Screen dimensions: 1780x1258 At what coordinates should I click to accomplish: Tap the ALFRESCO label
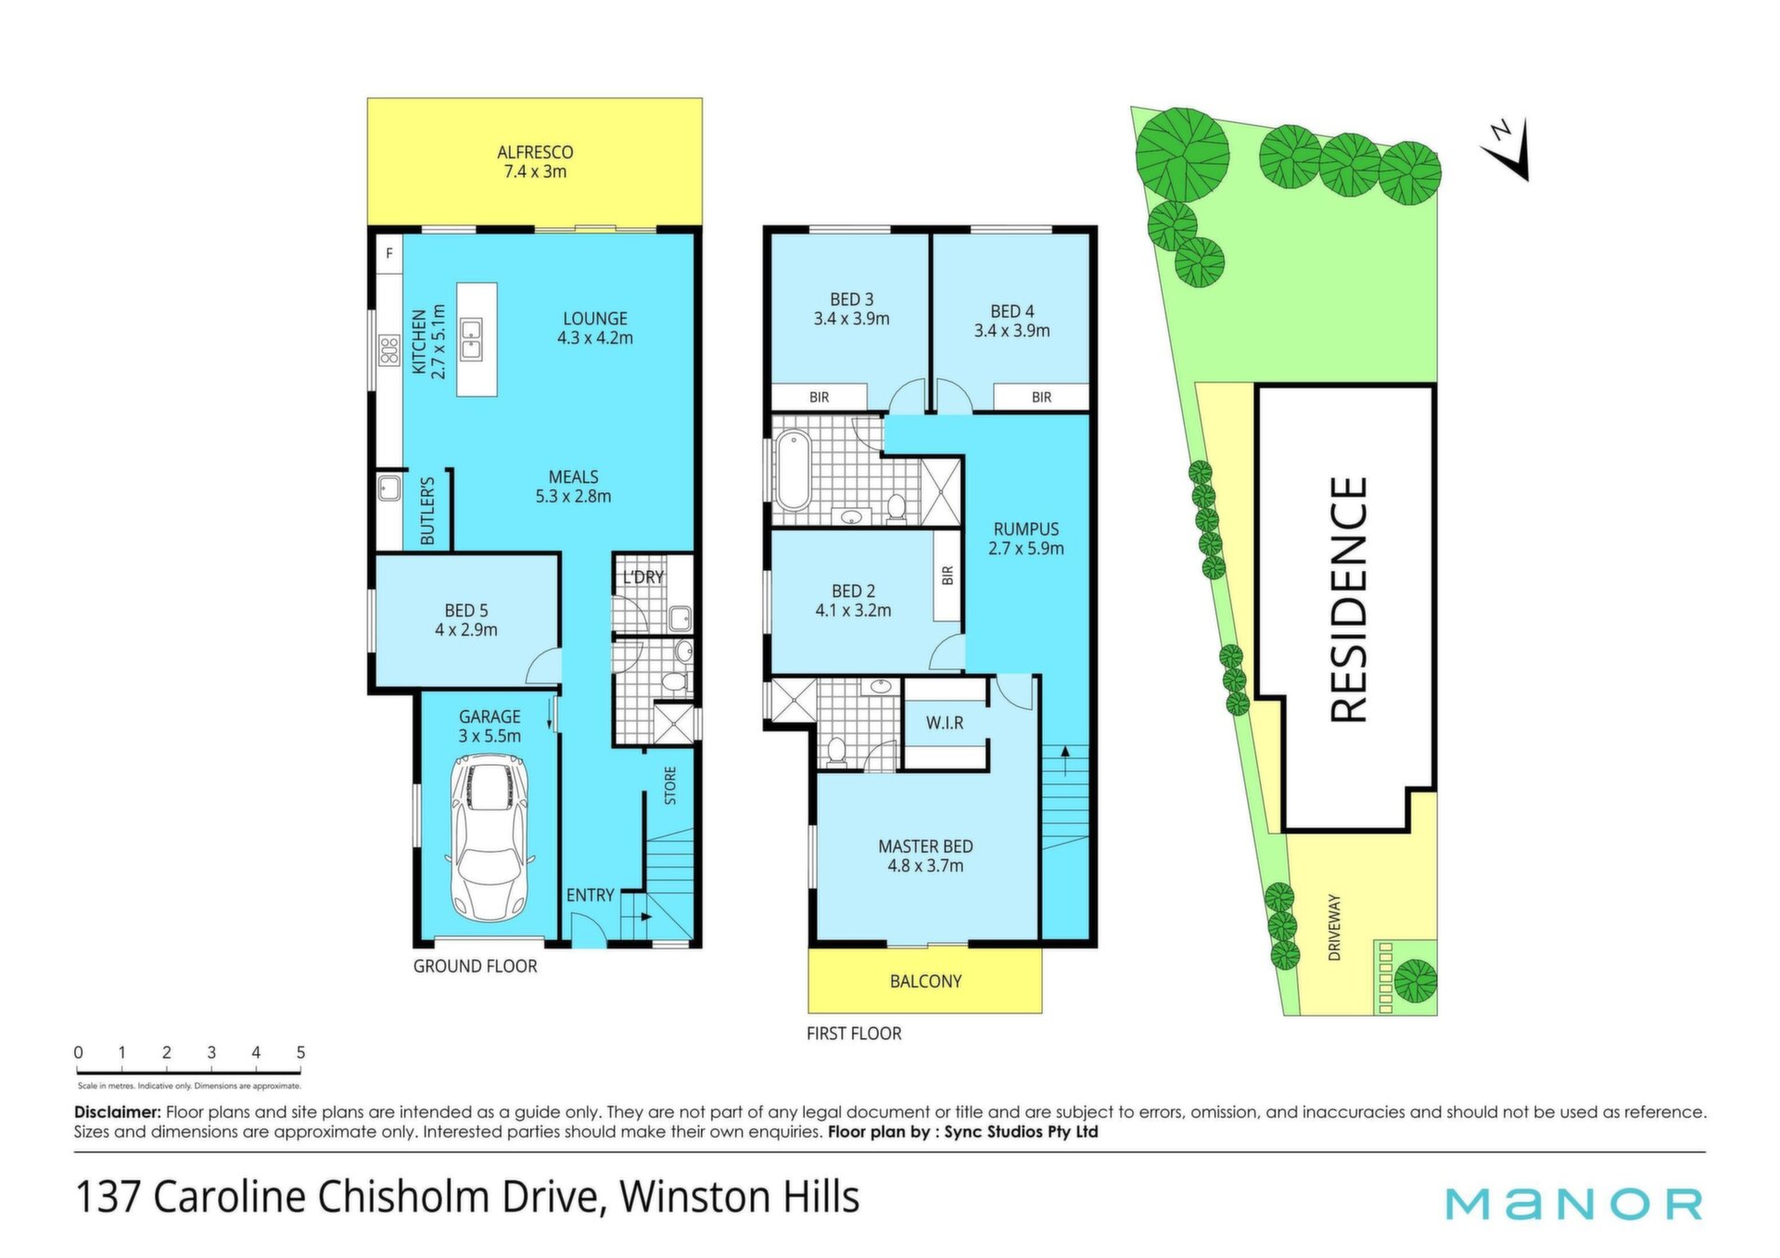pyautogui.click(x=535, y=152)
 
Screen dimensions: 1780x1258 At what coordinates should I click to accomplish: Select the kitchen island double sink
pyautogui.click(x=472, y=339)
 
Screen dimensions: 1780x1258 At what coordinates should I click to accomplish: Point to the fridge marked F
pyautogui.click(x=389, y=253)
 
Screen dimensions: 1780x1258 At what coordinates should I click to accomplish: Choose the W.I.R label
pyautogui.click(x=945, y=723)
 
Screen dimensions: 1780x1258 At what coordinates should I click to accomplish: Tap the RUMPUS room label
pyautogui.click(x=1025, y=529)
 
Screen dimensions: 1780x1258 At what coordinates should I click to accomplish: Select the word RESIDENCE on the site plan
pyautogui.click(x=1349, y=599)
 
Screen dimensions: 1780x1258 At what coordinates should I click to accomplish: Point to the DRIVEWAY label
pyautogui.click(x=1334, y=927)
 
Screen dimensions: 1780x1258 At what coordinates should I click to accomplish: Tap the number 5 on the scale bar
pyautogui.click(x=300, y=1052)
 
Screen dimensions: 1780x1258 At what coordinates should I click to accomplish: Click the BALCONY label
pyautogui.click(x=925, y=981)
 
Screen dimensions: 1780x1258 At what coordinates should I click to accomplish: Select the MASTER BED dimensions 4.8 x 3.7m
pyautogui.click(x=925, y=866)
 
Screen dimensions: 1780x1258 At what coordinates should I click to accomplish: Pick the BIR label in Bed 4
pyautogui.click(x=1041, y=397)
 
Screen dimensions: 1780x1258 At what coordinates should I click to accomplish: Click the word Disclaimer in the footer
pyautogui.click(x=118, y=1112)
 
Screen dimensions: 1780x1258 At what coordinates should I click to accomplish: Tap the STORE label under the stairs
pyautogui.click(x=670, y=785)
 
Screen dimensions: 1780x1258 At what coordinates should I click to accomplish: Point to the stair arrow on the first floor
pyautogui.click(x=1065, y=760)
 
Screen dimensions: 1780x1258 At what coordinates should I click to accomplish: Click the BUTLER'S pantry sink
pyautogui.click(x=389, y=489)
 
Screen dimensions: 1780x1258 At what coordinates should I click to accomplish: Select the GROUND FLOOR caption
pyautogui.click(x=475, y=966)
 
